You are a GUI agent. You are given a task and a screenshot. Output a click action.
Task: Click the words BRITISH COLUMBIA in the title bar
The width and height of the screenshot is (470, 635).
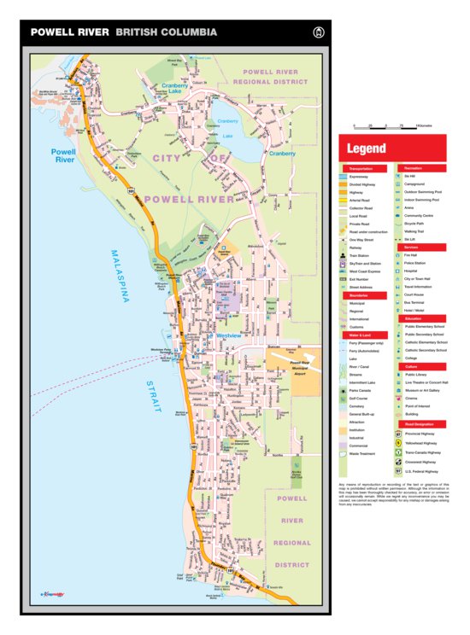coord(166,32)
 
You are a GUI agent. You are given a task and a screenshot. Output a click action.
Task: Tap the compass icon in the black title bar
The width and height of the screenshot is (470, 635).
coord(320,32)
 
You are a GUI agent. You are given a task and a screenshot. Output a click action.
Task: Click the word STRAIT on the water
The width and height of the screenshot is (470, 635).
coord(153,398)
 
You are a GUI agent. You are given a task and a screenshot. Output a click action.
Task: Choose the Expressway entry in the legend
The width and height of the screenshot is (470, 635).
coord(361,176)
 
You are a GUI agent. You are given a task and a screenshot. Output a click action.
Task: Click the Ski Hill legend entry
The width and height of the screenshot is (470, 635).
coord(414,176)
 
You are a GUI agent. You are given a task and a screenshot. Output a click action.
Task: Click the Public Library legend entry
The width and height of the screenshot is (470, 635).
coord(415,375)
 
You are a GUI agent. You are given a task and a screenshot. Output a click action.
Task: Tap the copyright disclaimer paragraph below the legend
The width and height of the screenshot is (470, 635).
coord(392,493)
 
